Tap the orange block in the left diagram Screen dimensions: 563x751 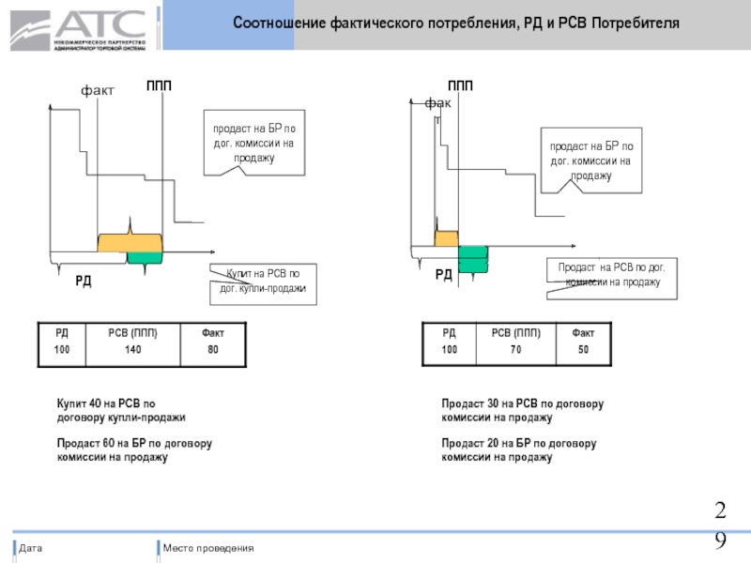pos(129,242)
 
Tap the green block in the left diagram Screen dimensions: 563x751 pos(145,258)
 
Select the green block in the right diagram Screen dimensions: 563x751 pos(473,259)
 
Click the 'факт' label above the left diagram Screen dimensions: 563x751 pos(97,90)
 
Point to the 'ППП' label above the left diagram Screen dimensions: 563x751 pos(159,86)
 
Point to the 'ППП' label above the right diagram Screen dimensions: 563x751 pos(460,86)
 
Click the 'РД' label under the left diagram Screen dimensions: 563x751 pos(84,281)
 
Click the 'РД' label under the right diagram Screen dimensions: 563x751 pos(443,275)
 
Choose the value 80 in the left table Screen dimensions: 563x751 pos(212,348)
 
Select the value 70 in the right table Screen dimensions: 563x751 pos(514,349)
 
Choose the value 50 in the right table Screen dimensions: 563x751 pos(582,349)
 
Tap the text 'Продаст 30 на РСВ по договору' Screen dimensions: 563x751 pos(522,403)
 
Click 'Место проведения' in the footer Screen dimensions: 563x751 pos(207,548)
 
